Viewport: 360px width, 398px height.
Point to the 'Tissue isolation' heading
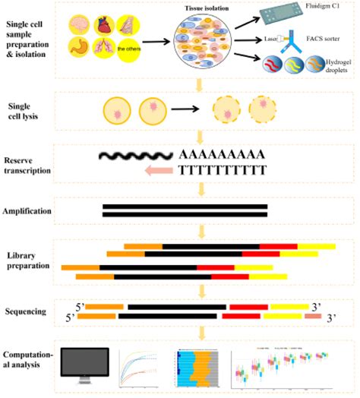tap(207, 8)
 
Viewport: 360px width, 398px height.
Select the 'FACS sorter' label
tap(321, 42)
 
